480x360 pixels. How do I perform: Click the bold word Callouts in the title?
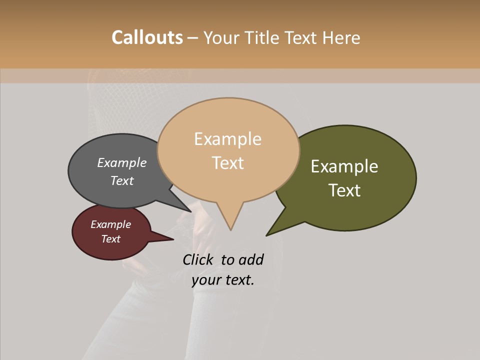pos(147,37)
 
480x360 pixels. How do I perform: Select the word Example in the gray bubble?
pos(122,162)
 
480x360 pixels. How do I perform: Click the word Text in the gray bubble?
pos(122,180)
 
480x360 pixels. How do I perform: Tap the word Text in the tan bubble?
pos(227,162)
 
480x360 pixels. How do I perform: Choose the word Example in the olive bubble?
pos(344,166)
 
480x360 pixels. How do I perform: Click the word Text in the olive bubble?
pos(344,190)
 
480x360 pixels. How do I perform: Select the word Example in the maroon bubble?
pos(110,224)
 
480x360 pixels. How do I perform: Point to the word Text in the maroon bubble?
pos(110,239)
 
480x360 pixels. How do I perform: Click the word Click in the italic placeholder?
pos(198,259)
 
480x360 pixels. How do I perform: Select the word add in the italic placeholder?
pos(250,259)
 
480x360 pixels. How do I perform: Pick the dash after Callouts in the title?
pos(193,38)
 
